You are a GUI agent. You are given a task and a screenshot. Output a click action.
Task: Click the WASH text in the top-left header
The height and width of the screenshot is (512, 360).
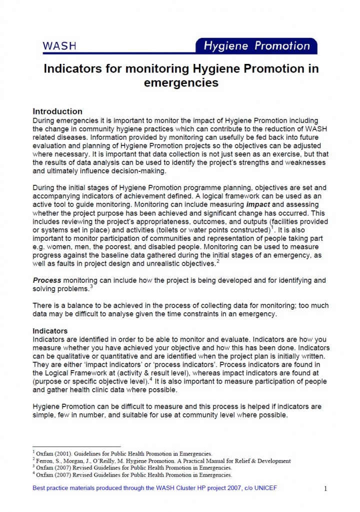[59, 46]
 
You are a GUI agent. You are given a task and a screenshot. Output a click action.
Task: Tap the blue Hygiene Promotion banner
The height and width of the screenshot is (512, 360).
[256, 46]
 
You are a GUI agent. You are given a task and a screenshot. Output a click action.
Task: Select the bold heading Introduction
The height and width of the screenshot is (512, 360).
[57, 111]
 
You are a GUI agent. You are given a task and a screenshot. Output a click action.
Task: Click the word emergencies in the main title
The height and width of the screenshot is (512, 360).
[181, 82]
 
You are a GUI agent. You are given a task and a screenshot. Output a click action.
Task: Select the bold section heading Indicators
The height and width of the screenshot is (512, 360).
[50, 331]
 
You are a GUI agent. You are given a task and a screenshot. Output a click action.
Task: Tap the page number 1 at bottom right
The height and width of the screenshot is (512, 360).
[325, 489]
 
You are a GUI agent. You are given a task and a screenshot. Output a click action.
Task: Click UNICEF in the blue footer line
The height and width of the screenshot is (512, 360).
[263, 488]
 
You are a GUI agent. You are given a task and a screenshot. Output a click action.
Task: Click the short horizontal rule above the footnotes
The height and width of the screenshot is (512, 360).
[76, 447]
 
